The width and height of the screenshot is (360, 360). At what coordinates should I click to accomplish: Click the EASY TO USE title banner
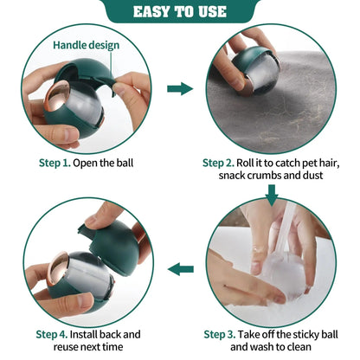[179, 11]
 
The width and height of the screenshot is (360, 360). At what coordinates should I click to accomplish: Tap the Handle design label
[86, 44]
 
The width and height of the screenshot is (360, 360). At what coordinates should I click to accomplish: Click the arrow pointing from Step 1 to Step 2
[179, 88]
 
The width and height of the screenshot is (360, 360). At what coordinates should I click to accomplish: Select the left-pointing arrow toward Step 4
[180, 269]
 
